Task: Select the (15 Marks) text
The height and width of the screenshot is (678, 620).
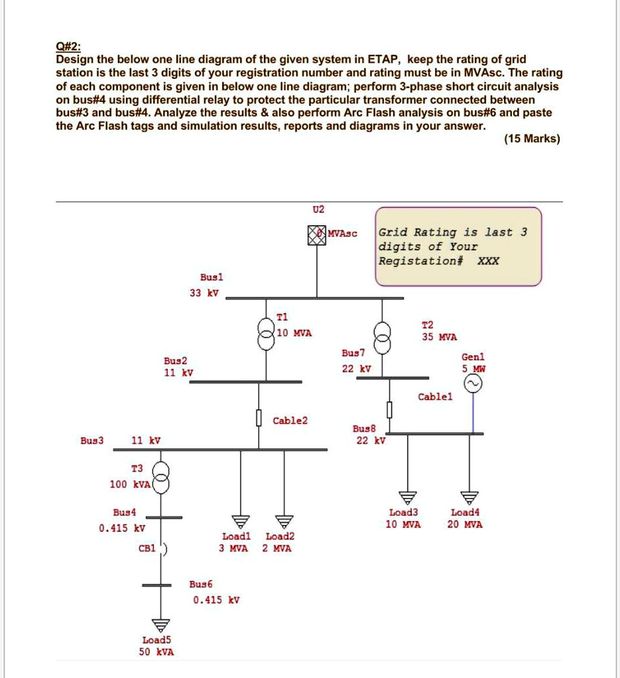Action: [x=532, y=139]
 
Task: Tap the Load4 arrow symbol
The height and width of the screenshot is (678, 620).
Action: [x=469, y=498]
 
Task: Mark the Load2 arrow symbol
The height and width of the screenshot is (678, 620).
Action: [x=284, y=521]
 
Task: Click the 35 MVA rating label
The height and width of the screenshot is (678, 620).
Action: [x=440, y=337]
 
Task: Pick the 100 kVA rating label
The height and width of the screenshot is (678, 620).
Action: [x=131, y=485]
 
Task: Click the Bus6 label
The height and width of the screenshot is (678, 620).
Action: [x=201, y=585]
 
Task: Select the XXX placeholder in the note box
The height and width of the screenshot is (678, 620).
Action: [x=489, y=260]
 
